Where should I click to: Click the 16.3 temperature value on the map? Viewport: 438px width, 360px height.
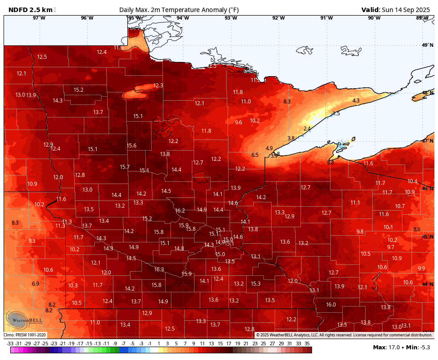159,269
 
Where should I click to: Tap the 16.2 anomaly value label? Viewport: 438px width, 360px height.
180,210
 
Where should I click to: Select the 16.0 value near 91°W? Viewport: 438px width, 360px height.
331,304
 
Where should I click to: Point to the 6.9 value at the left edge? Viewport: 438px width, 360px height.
36,283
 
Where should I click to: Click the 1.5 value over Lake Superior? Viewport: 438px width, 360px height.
336,114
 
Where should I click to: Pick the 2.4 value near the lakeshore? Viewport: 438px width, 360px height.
307,128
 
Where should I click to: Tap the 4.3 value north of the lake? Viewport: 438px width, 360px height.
356,101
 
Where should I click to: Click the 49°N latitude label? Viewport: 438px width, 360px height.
427,45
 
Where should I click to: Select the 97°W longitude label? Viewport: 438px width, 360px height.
39,18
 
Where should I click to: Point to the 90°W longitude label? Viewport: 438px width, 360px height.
374,18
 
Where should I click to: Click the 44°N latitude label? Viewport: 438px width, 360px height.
427,284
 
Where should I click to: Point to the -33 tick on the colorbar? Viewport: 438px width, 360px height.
10,344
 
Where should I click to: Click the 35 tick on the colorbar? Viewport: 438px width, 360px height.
307,344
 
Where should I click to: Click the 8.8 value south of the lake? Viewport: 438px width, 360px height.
330,163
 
